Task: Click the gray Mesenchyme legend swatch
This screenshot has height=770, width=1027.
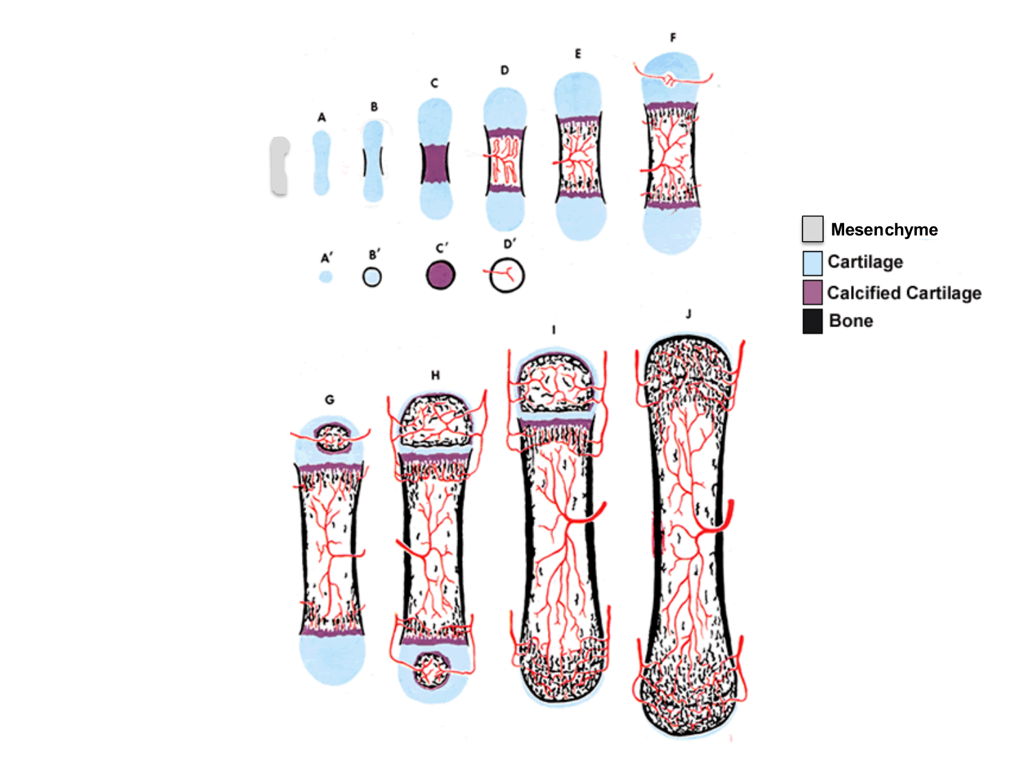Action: (812, 229)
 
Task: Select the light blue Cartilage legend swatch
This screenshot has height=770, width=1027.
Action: (812, 263)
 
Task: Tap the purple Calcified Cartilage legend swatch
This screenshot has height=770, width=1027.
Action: (812, 292)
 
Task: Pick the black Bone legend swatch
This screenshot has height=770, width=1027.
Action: (812, 321)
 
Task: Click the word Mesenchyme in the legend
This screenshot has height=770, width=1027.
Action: (884, 230)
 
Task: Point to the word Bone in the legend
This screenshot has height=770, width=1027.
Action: (850, 321)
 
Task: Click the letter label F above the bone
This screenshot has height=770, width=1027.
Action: (673, 38)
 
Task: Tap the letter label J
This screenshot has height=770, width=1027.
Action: (688, 313)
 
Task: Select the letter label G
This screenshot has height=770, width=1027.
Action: (329, 400)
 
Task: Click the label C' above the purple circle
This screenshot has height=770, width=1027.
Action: (442, 248)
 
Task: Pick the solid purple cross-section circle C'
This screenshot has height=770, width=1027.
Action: (440, 275)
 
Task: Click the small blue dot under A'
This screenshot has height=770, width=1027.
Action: (326, 277)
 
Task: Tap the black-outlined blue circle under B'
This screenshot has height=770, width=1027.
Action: (372, 277)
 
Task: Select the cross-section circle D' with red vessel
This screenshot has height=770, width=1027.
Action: (507, 275)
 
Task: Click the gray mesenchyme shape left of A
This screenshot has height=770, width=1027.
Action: (279, 166)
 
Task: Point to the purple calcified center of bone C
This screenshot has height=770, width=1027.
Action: (435, 163)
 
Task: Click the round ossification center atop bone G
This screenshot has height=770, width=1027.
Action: (332, 437)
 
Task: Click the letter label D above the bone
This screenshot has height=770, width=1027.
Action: (505, 70)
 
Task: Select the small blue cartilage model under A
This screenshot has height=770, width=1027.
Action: (321, 163)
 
